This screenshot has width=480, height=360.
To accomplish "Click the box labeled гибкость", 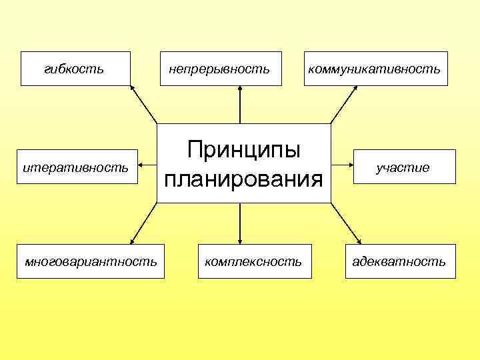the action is pos(75,69).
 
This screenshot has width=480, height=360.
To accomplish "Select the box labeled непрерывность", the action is pos(219,69).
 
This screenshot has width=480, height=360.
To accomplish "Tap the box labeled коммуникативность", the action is pos(375,69).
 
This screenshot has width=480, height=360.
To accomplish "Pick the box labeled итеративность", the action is pos(75,167).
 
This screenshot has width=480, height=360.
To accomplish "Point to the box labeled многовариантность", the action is pos(91,261).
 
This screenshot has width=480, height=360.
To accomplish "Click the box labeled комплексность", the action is pos(253,261).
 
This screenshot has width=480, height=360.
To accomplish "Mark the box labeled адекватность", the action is pos(399,261).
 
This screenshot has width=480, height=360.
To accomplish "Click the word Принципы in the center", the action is pos(243,149).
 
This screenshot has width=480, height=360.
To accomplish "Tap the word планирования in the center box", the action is pos(243,179).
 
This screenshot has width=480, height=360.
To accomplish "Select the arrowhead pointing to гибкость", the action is pos(133,89).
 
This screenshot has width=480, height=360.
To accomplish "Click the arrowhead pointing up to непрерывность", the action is pos(240,91).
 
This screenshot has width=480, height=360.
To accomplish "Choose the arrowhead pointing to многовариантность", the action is pos(133,239).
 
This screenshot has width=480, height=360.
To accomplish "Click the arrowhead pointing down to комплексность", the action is pos(240,239).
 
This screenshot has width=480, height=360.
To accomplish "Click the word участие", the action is pos(402,167).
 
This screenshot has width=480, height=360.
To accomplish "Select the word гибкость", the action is pos(73,68).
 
